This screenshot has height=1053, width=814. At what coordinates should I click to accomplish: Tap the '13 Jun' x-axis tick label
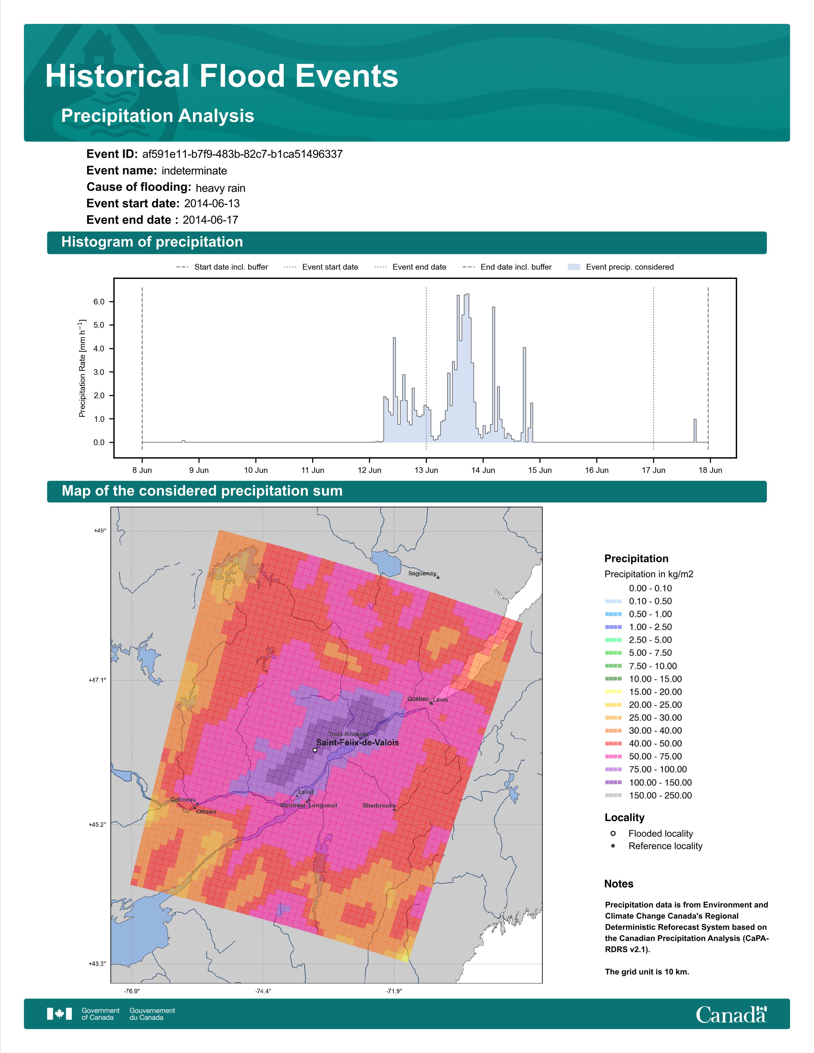pos(426,470)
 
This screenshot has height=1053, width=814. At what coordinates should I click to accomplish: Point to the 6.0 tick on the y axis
pos(99,302)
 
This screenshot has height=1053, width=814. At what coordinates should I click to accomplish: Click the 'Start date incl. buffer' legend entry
pos(222,267)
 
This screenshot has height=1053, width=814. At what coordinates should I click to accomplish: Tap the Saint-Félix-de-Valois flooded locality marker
pos(315,750)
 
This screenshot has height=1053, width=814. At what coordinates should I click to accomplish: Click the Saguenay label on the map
pos(422,573)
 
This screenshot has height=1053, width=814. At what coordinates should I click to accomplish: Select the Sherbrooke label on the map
pos(379,806)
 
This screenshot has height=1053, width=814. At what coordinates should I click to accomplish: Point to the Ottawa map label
pos(207,812)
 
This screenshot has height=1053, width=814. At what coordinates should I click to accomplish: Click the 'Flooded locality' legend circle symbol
pos(613,833)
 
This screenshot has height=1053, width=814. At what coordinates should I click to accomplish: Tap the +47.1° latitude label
pos(97,680)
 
